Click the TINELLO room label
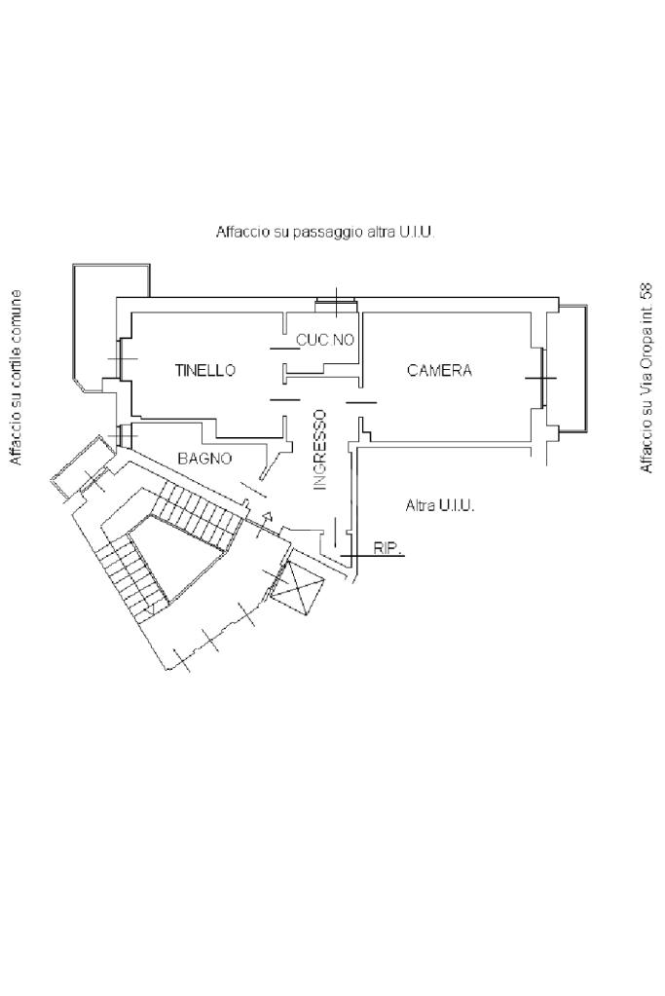tap(205, 371)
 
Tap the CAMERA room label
tap(439, 371)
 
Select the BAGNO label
tap(204, 458)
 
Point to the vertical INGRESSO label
tap(320, 449)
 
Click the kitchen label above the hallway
tap(325, 340)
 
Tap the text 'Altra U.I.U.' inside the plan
tap(440, 506)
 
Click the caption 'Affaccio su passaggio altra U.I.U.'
tap(325, 233)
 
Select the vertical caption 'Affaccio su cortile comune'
tap(16, 377)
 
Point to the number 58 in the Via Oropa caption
tap(645, 291)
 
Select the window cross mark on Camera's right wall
tap(540, 377)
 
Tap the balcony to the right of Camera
tap(570, 368)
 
